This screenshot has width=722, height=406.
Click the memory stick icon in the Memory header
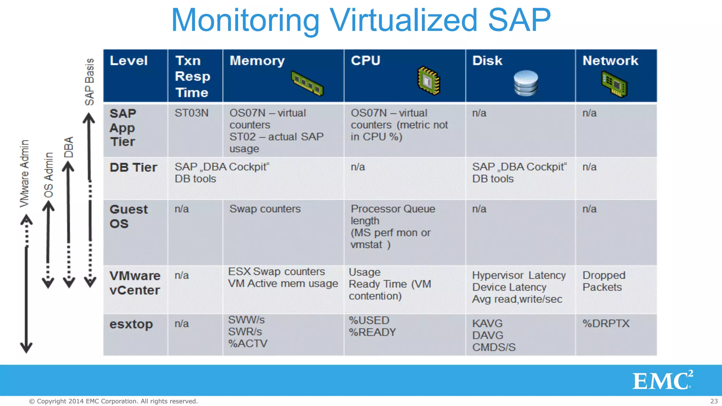pos(307,84)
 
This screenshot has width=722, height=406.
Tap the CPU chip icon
pos(428,81)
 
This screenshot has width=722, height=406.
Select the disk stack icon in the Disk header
pos(526,83)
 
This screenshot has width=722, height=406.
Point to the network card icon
pos(614,84)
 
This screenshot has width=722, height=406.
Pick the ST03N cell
pos(191,113)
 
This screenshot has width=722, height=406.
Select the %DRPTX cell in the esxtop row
pos(606,324)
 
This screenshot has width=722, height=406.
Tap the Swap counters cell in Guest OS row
pos(265,209)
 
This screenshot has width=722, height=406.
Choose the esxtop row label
pos(131,324)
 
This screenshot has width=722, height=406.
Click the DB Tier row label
pos(133,167)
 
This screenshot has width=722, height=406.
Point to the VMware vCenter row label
pos(135,283)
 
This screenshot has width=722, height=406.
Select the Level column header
pos(129,61)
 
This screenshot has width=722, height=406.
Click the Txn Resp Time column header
pos(192,76)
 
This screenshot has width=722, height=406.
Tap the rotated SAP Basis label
pos(90,82)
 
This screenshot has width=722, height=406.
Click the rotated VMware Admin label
pos(24,173)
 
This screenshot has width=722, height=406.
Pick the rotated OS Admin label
pos(49,175)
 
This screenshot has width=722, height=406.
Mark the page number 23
pos(714,401)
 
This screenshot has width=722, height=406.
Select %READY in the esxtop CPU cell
pos(372,332)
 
